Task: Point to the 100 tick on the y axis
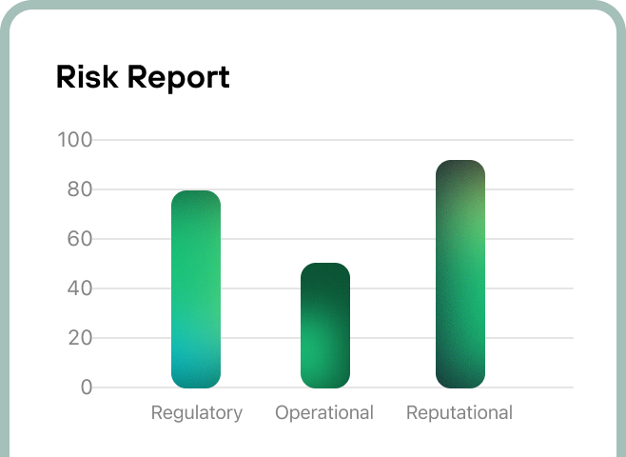74,140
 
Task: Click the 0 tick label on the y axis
87,387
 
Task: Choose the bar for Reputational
460,274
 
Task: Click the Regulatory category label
197,413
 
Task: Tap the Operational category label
324,413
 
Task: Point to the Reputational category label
460,413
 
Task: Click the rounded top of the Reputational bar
460,168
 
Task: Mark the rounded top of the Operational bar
325,270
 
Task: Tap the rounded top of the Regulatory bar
196,198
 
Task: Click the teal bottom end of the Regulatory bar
196,377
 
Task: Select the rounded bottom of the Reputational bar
460,380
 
